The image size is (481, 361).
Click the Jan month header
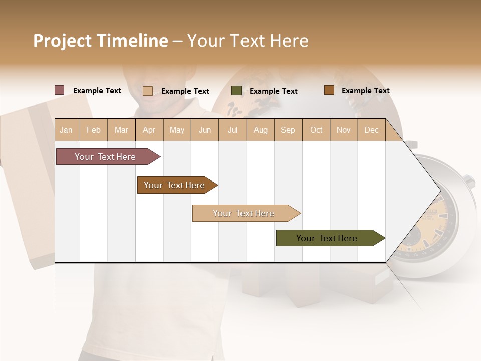(x=67, y=130)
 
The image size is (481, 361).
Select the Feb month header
(x=94, y=130)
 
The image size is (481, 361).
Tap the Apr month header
(x=149, y=130)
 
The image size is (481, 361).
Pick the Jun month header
(x=205, y=130)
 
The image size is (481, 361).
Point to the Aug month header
(x=261, y=130)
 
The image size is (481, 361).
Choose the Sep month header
(x=288, y=130)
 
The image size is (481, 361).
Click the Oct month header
(x=316, y=130)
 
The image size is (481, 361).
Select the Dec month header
(x=372, y=130)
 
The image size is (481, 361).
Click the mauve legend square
(x=60, y=90)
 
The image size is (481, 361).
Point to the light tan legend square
(x=148, y=91)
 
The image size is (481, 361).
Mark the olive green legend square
(x=236, y=91)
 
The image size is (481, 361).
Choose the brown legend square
(x=329, y=90)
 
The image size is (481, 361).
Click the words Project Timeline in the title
(x=101, y=41)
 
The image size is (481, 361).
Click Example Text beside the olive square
(x=274, y=91)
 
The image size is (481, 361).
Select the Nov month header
(x=344, y=130)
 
